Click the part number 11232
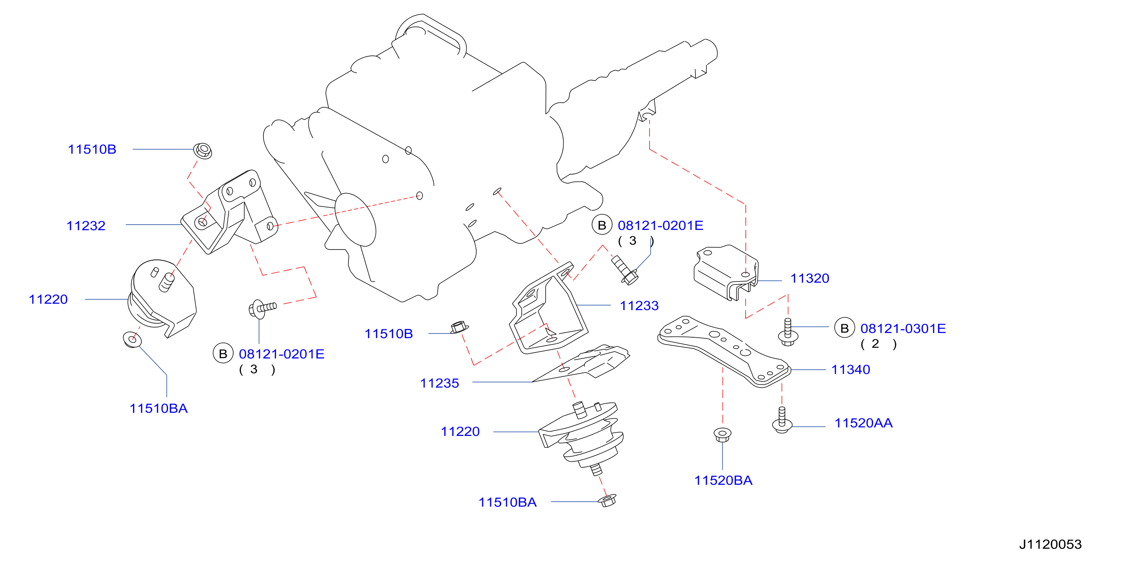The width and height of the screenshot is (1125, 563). coord(86,226)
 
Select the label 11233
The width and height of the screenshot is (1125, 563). coord(639,305)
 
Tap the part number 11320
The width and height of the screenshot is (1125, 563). coord(810,278)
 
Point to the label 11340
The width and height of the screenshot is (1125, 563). coord(850,370)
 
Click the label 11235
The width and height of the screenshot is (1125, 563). coord(439,383)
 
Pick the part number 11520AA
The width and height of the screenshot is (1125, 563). coord(863,423)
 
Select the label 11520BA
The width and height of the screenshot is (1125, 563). coord(723,480)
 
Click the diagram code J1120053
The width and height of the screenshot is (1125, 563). coord(1050,544)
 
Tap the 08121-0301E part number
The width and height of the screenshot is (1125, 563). coord(903,328)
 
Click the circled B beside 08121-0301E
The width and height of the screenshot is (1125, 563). coord(844,328)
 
